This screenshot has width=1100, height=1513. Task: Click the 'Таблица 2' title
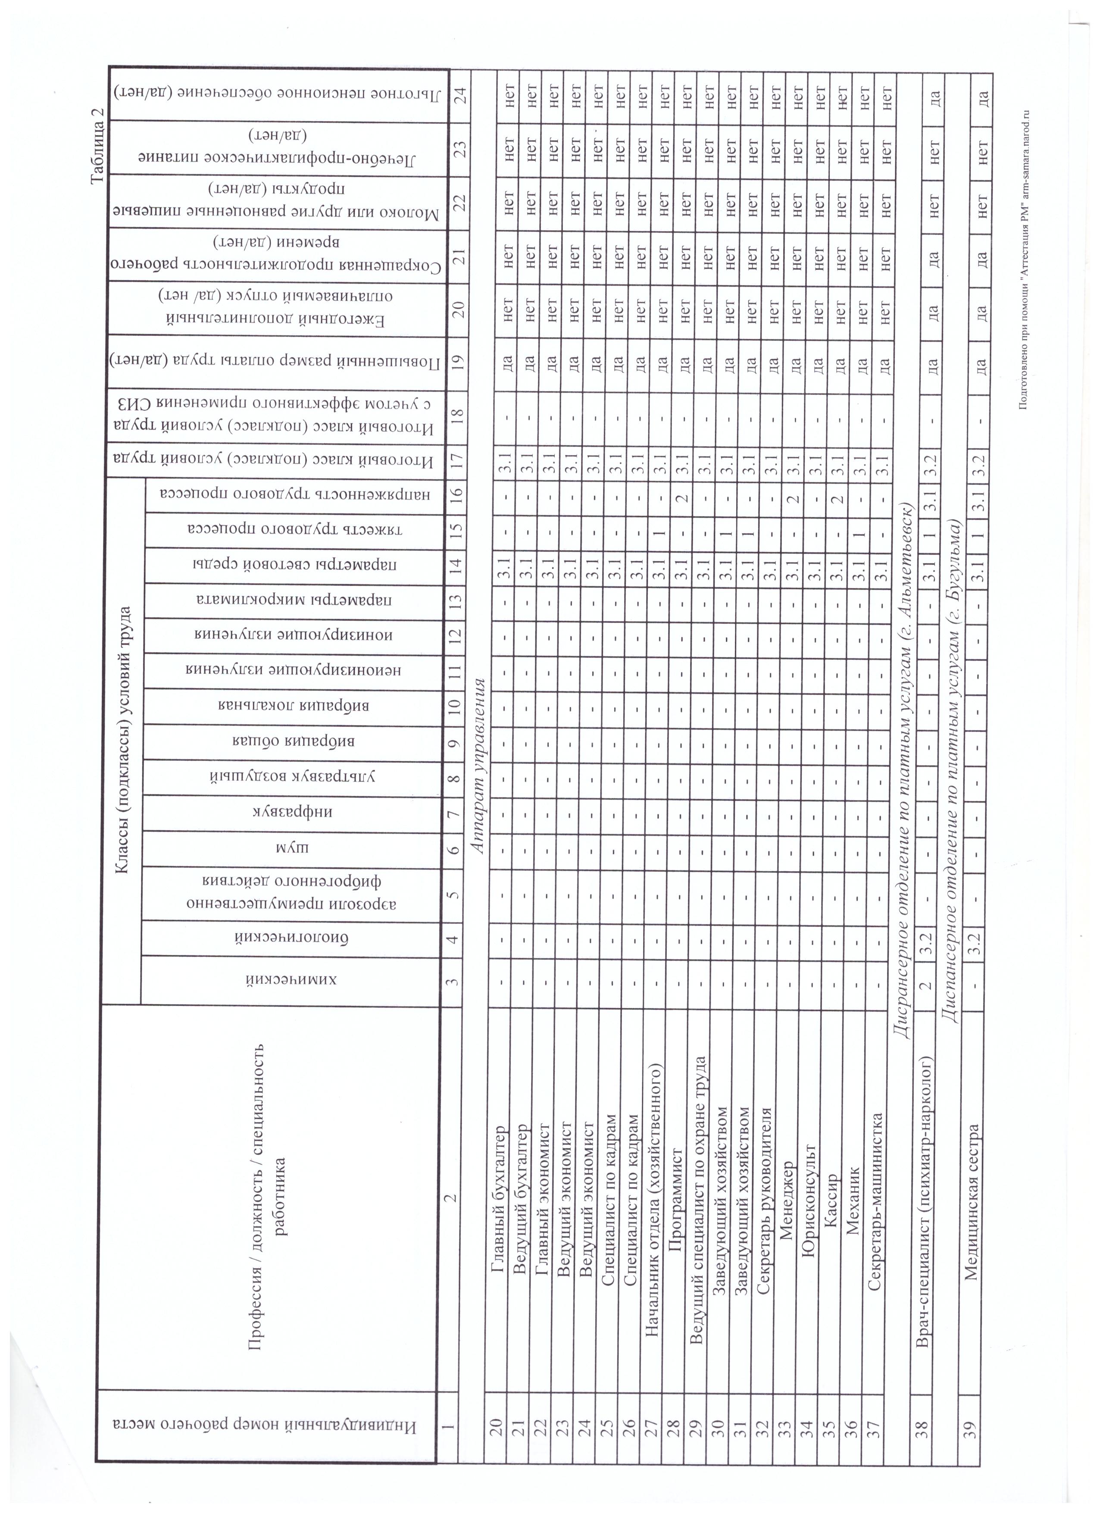pos(97,145)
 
